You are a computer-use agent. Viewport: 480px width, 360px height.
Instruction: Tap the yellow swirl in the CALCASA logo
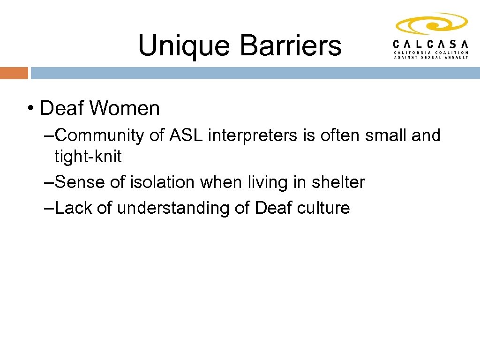tap(431, 24)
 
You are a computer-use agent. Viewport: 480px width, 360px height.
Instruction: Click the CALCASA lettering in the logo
tap(430, 44)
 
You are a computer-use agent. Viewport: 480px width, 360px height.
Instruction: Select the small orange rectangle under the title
tap(14, 73)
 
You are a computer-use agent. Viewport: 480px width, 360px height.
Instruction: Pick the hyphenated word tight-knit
tap(88, 157)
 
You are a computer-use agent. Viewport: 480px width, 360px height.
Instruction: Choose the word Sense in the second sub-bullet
tap(80, 182)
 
